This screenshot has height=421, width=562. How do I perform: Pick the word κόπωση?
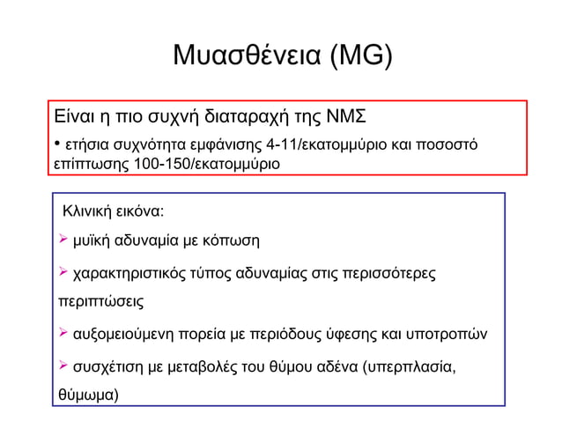click(x=232, y=240)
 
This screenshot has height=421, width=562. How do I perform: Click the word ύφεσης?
click(x=352, y=335)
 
